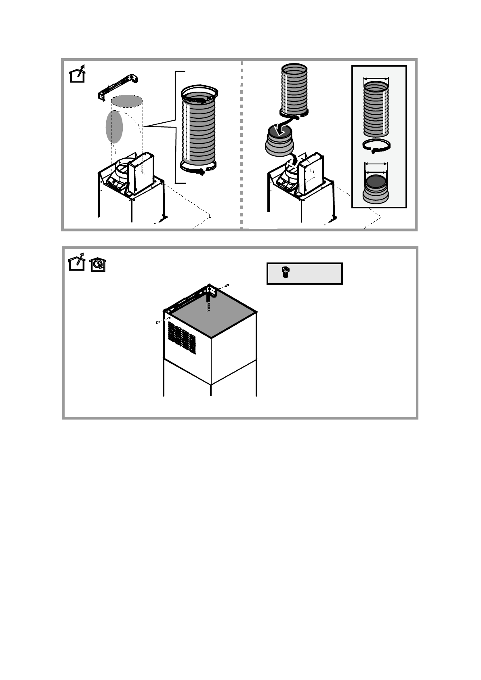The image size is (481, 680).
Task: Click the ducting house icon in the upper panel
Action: coord(77,73)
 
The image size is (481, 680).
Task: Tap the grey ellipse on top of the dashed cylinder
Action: coord(126,101)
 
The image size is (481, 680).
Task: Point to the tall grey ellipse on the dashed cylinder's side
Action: coord(114,127)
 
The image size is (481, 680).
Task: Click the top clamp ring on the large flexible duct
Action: coord(200,92)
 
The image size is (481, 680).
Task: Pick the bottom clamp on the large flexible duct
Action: coord(199,168)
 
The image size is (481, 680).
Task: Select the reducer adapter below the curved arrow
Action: coord(281,144)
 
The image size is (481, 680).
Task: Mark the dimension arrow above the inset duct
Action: coord(376,79)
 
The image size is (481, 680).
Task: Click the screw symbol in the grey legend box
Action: coord(285,273)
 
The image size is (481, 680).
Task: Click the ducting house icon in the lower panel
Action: coord(77,262)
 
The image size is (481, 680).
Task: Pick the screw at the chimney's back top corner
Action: coord(228,285)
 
